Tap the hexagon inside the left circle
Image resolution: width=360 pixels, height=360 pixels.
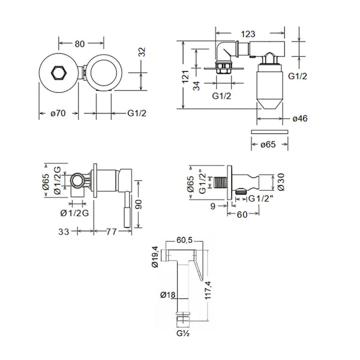59,74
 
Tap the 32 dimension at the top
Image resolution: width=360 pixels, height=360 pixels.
143,52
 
